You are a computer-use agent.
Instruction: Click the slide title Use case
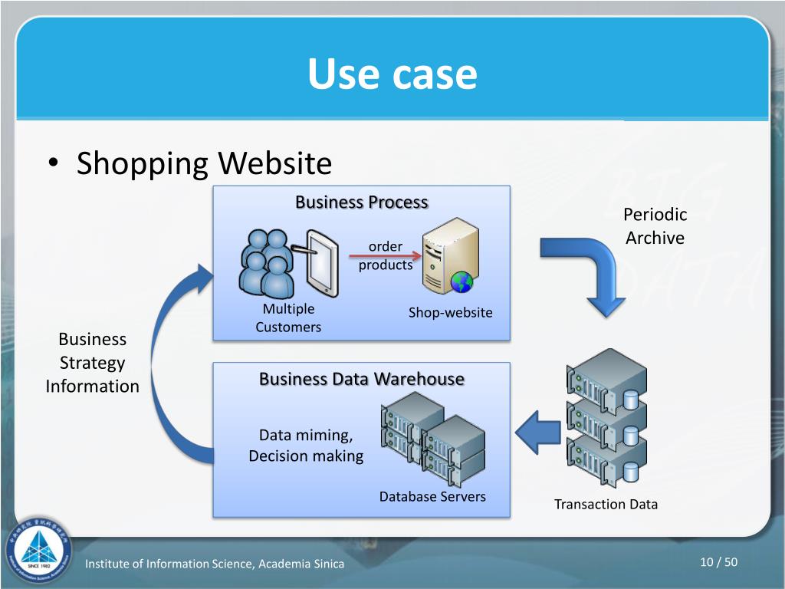pos(392,74)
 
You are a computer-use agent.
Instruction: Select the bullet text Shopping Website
pos(204,163)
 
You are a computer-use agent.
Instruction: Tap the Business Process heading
pos(361,202)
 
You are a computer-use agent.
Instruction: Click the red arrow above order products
pos(390,255)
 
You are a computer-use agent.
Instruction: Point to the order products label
pos(386,256)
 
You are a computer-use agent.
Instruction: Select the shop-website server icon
pos(450,255)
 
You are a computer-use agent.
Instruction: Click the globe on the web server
pos(461,282)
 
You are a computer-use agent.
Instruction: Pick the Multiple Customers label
pos(288,318)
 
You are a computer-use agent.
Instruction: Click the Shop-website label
pos(450,312)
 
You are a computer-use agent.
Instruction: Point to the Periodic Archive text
pos(655,226)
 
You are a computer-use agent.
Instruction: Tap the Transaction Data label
pos(606,504)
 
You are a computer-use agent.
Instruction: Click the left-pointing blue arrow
pos(538,433)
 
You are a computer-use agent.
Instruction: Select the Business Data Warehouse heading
pos(361,379)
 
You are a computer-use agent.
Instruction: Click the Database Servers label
pos(432,496)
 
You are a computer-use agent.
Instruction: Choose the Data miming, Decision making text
pos(306,446)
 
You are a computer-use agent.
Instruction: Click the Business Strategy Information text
pos(92,363)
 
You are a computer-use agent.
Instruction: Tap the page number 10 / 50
pos(718,563)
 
